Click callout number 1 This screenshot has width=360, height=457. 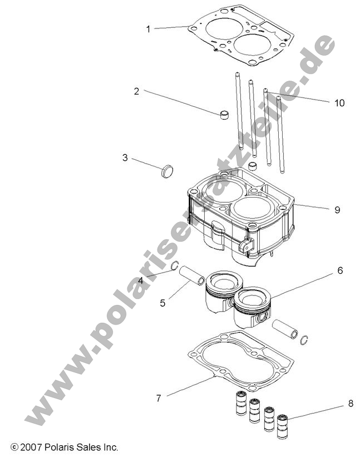click(x=148, y=29)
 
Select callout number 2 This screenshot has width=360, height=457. click(x=136, y=91)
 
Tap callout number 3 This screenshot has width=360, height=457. click(x=125, y=158)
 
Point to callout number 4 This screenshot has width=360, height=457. click(x=141, y=281)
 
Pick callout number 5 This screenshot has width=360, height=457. click(x=162, y=303)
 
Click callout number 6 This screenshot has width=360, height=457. click(x=339, y=271)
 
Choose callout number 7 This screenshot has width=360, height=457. click(x=158, y=397)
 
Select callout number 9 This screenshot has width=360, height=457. click(x=337, y=210)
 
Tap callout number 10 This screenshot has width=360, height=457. click(x=339, y=102)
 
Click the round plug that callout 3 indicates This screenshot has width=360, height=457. click(x=166, y=171)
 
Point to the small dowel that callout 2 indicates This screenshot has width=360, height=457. click(x=225, y=115)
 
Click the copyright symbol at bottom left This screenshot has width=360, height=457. click(x=14, y=447)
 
